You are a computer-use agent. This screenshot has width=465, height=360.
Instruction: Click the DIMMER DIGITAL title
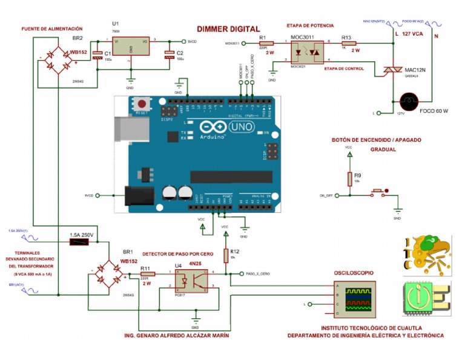coord(228,28)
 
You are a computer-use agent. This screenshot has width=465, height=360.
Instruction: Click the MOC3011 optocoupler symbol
coord(306,52)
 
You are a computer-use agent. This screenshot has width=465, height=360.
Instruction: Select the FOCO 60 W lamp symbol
coord(409,101)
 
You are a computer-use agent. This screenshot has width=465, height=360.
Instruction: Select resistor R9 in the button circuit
coord(349,178)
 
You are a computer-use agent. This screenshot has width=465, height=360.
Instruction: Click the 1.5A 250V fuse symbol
coord(79,242)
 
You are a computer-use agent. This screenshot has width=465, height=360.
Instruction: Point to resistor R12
coord(225,253)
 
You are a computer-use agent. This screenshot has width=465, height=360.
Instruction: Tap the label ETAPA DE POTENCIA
coord(309,25)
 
